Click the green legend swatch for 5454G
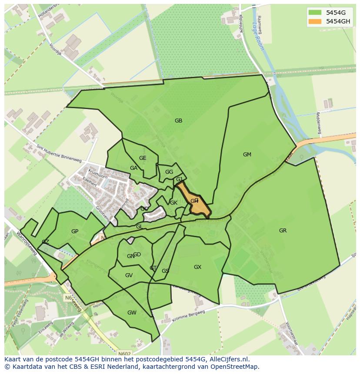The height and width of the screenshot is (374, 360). [315, 12]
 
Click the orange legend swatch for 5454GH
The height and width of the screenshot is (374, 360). [315, 21]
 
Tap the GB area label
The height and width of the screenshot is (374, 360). [178, 121]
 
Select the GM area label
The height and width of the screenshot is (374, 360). [247, 155]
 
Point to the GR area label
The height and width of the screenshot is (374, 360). [283, 231]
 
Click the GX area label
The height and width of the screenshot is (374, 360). [197, 267]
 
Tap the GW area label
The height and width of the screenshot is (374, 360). [132, 313]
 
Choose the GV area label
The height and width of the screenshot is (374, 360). [129, 275]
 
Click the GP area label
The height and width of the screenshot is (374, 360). [75, 232]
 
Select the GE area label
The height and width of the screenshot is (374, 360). [143, 158]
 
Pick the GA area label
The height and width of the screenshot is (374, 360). [133, 168]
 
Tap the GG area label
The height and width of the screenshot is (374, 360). [169, 172]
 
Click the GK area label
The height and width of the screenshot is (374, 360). [173, 203]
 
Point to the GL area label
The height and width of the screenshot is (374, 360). [139, 227]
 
